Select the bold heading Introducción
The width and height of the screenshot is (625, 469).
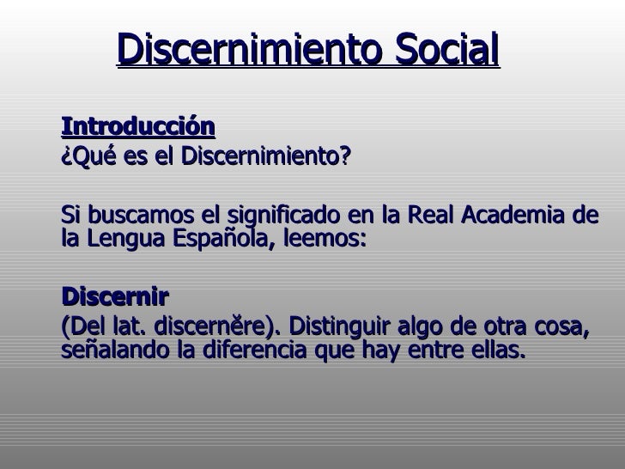pos(137,127)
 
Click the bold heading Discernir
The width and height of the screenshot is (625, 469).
pos(115,297)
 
